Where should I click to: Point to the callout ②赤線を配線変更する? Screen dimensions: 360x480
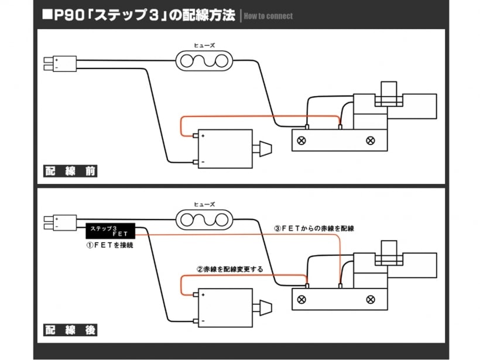(230, 269)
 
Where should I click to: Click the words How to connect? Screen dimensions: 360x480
(268, 16)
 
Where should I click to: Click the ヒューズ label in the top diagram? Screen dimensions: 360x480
(204, 44)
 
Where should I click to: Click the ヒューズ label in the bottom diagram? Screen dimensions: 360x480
(204, 204)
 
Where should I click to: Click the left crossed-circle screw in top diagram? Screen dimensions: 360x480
(301, 140)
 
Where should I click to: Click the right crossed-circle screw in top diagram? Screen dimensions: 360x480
(370, 140)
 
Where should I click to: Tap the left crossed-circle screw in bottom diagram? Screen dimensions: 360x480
(301, 299)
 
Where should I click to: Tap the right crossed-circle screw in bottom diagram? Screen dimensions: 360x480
(370, 299)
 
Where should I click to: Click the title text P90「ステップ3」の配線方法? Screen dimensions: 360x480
(140, 15)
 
